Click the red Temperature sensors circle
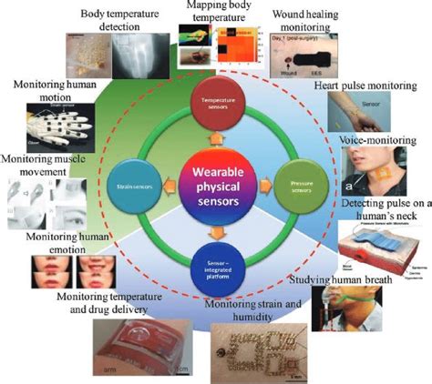(x=215, y=98)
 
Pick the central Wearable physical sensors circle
(x=215, y=187)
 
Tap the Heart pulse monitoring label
(x=365, y=86)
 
